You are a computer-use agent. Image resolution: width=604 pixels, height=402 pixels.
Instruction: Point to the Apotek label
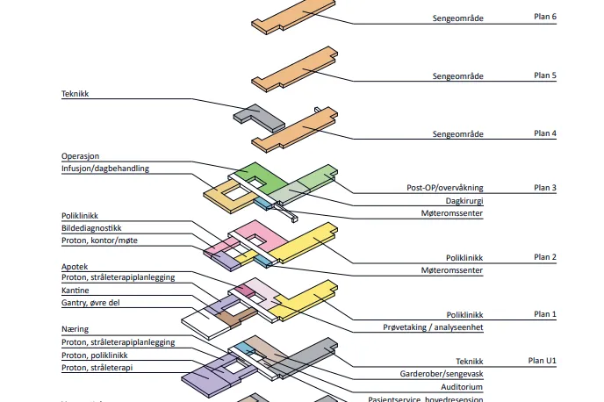(75, 266)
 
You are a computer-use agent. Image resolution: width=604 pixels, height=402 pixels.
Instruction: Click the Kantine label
(75, 290)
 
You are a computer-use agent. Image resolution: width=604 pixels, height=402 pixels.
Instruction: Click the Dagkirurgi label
(463, 201)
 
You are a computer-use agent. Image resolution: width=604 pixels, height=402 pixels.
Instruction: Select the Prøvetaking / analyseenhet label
(434, 327)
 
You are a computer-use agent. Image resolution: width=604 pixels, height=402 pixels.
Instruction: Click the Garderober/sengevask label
(443, 373)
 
